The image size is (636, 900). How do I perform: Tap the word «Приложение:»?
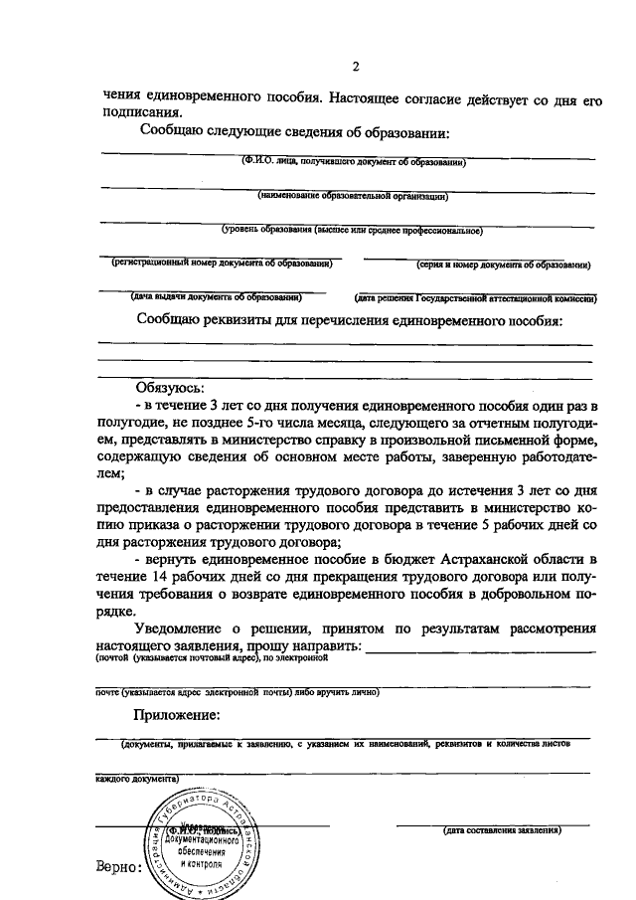tap(177, 715)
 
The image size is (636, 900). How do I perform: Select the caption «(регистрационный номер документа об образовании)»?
tap(221, 264)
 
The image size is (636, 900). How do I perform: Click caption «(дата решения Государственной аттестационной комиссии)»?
tap(475, 297)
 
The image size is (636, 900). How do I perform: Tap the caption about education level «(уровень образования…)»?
tap(352, 231)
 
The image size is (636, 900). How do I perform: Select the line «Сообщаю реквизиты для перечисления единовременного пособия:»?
tap(350, 321)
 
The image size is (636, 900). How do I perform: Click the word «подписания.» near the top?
tap(141, 113)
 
